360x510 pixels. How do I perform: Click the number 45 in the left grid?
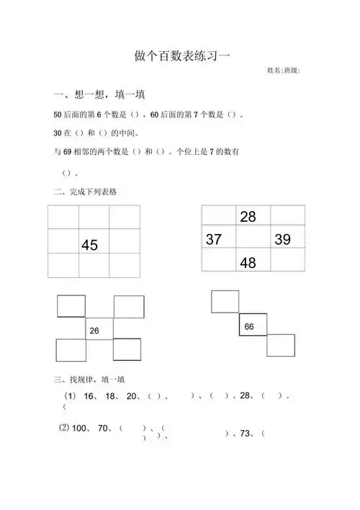coord(89,246)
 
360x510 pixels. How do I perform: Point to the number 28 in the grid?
coord(248,217)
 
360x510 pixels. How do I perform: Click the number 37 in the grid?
coord(214,240)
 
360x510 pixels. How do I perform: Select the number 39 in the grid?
coord(282,240)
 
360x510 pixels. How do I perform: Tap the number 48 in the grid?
coord(248,263)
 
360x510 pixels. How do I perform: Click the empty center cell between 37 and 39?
coord(253,239)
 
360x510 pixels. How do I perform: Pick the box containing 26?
coord(99,329)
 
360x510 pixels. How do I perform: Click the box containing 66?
coord(253,325)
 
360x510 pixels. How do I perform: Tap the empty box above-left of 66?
coord(225,301)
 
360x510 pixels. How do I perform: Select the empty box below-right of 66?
coord(281,345)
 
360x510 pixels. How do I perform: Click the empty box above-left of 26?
coord(71,306)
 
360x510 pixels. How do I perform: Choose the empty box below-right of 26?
coord(127,349)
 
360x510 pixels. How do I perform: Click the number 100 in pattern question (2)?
coord(81,429)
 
